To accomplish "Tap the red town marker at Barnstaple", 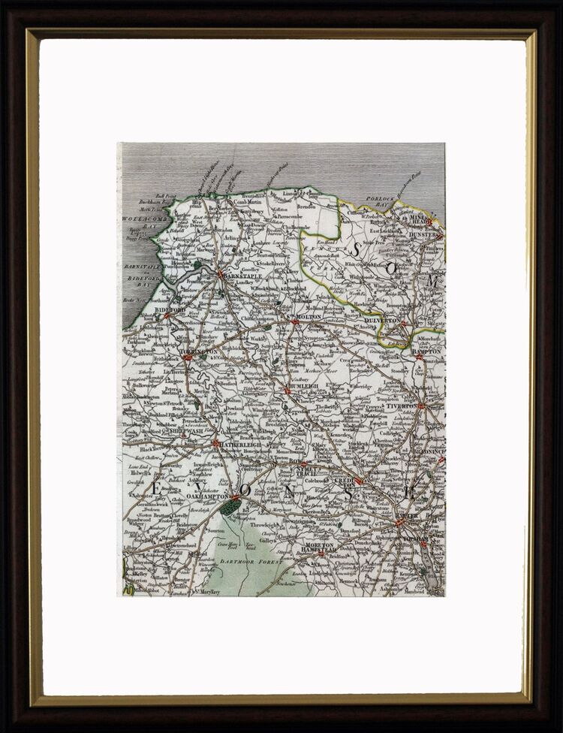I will click(219, 274).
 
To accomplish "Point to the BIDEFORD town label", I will click(170, 309).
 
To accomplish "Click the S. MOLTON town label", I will click(309, 318).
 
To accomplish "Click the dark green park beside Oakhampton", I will click(230, 508).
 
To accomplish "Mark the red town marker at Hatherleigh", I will click(216, 445).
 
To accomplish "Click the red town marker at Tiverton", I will click(420, 406).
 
